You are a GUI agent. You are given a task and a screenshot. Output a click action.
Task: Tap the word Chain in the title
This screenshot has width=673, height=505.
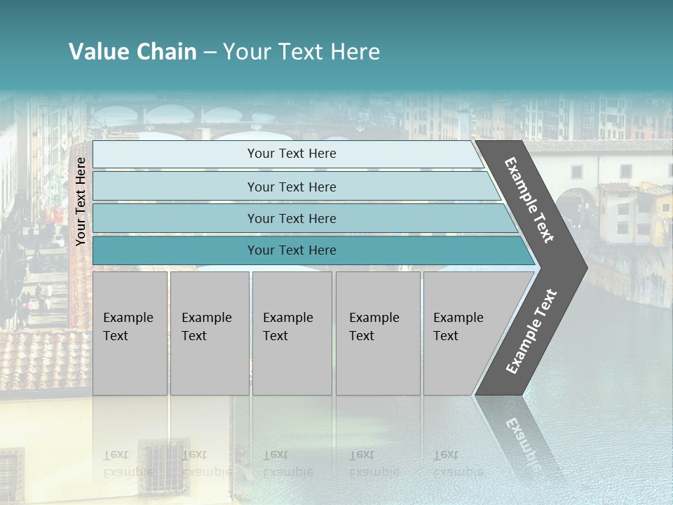pos(166,52)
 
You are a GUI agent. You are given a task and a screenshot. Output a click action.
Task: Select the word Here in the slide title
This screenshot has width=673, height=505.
pos(355,52)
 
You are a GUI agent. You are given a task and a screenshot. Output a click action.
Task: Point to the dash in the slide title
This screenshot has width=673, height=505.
pos(210,53)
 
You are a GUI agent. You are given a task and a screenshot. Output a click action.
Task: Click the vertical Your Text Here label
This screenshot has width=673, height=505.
pos(81,201)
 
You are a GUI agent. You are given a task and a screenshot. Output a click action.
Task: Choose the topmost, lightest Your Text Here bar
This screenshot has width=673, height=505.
pos(292,154)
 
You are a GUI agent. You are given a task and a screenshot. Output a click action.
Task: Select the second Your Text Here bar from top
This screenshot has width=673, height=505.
pos(292,187)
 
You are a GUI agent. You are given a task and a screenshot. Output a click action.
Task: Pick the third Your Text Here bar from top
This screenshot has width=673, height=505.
pos(292,218)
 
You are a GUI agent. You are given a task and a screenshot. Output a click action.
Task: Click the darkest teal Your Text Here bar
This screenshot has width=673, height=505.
pos(292,250)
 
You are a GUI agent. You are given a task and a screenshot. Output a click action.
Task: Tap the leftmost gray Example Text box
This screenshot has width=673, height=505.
pos(130,333)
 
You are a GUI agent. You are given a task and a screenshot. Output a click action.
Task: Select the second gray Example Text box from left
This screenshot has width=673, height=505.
pos(209,333)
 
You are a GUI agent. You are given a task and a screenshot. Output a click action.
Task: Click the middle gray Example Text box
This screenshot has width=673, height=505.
pos(292,333)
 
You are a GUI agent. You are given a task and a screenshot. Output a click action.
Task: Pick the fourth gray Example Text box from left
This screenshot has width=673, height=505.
pos(378,333)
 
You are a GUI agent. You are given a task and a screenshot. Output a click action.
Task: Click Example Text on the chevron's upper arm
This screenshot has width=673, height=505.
pos(529,200)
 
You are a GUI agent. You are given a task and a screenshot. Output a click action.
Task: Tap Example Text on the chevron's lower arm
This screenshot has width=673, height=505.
pos(531,331)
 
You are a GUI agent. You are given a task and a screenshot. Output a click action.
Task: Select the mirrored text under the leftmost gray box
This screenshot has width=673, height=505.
pos(129,464)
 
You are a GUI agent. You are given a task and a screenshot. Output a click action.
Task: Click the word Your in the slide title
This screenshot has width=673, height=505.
pos(245,52)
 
